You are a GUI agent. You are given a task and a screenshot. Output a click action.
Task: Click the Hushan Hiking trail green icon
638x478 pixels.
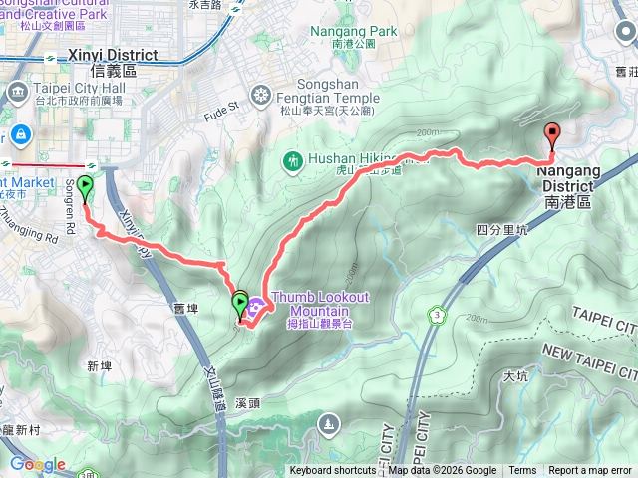pos(292,159)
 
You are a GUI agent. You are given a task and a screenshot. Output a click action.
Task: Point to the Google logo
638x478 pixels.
pos(38,464)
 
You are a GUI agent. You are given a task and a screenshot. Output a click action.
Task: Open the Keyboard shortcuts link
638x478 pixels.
pos(334,471)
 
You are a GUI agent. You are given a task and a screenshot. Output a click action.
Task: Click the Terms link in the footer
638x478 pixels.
pos(522,471)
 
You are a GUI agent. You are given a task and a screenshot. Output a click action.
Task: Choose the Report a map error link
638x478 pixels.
pos(591,471)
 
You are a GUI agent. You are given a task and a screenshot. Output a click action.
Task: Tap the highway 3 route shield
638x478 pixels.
pos(436,316)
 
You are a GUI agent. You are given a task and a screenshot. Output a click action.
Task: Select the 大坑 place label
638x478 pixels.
pos(515,376)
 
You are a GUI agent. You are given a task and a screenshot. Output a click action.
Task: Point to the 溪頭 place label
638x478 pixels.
pos(248,404)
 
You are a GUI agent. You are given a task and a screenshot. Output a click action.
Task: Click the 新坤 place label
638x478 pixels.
pos(99,366)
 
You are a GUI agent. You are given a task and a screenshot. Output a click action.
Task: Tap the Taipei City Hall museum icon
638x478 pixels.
pos(17,93)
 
